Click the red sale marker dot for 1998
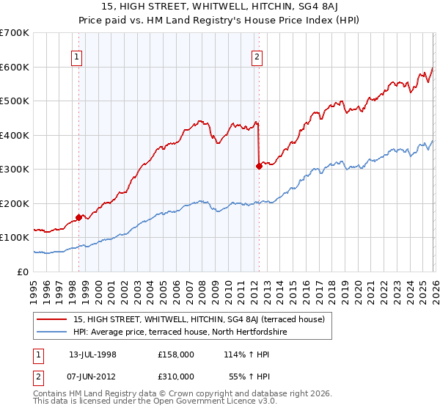click(78, 217)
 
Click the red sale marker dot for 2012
click(258, 166)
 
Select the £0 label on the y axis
click(23, 272)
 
